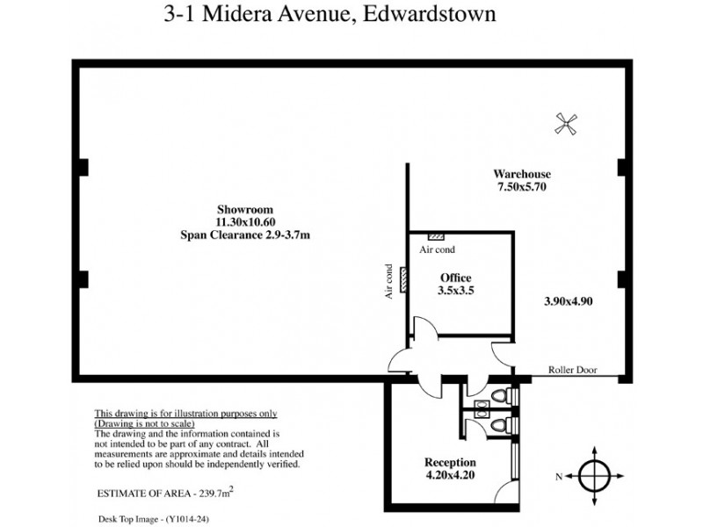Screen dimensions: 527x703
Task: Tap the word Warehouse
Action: (522, 174)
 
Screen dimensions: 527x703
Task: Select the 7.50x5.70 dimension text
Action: (522, 187)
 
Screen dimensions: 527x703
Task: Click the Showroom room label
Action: (246, 209)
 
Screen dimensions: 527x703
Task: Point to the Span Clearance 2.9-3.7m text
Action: (246, 235)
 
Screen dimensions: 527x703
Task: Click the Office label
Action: (456, 278)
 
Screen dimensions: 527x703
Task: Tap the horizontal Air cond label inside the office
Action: (437, 250)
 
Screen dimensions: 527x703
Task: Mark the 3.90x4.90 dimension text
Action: (569, 301)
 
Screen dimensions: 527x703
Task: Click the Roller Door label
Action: (572, 370)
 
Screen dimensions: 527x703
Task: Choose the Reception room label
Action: (450, 463)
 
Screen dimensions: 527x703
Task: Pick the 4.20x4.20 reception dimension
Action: (450, 476)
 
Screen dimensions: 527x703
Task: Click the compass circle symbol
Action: (595, 475)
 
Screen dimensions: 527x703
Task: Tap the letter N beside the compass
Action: (559, 476)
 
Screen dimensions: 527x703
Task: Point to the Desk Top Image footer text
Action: (154, 519)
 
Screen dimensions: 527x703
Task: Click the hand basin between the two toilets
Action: (482, 406)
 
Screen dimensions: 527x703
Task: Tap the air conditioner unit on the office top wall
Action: (435, 237)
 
